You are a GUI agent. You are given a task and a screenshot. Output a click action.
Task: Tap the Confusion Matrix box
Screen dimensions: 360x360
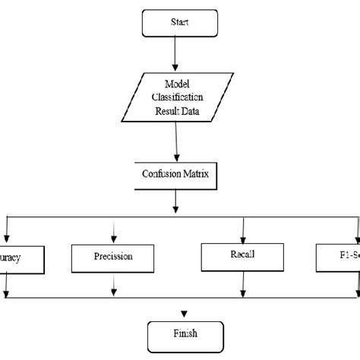(x=177, y=174)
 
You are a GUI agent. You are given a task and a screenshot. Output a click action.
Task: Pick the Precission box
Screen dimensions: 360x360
(x=113, y=256)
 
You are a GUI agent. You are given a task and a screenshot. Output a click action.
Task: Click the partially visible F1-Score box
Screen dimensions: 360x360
(x=339, y=257)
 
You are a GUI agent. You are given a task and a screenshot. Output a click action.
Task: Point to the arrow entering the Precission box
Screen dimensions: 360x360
(x=114, y=229)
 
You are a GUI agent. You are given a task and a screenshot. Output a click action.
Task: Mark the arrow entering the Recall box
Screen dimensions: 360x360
(x=242, y=227)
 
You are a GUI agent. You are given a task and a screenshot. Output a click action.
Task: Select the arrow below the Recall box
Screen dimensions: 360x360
(x=242, y=282)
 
